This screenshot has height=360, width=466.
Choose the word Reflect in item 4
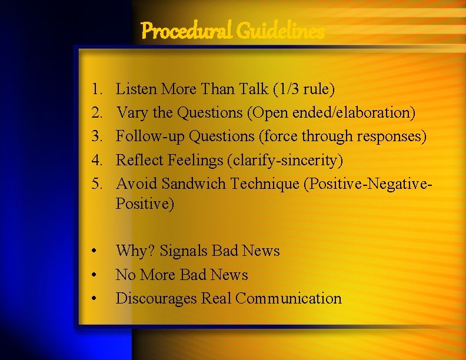137,160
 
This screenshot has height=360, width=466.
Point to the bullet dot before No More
94,275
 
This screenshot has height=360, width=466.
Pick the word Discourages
157,299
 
